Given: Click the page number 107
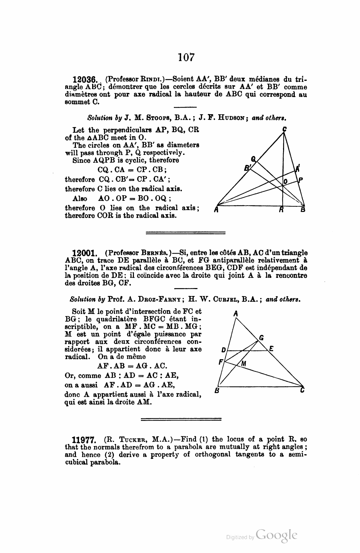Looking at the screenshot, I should click(x=186, y=57).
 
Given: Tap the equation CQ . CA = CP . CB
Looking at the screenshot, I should click(x=133, y=170).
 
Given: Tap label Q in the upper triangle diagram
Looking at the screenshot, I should click(x=254, y=159).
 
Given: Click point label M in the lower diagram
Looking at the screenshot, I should click(x=244, y=363).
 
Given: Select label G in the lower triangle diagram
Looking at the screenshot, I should click(x=261, y=338).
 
